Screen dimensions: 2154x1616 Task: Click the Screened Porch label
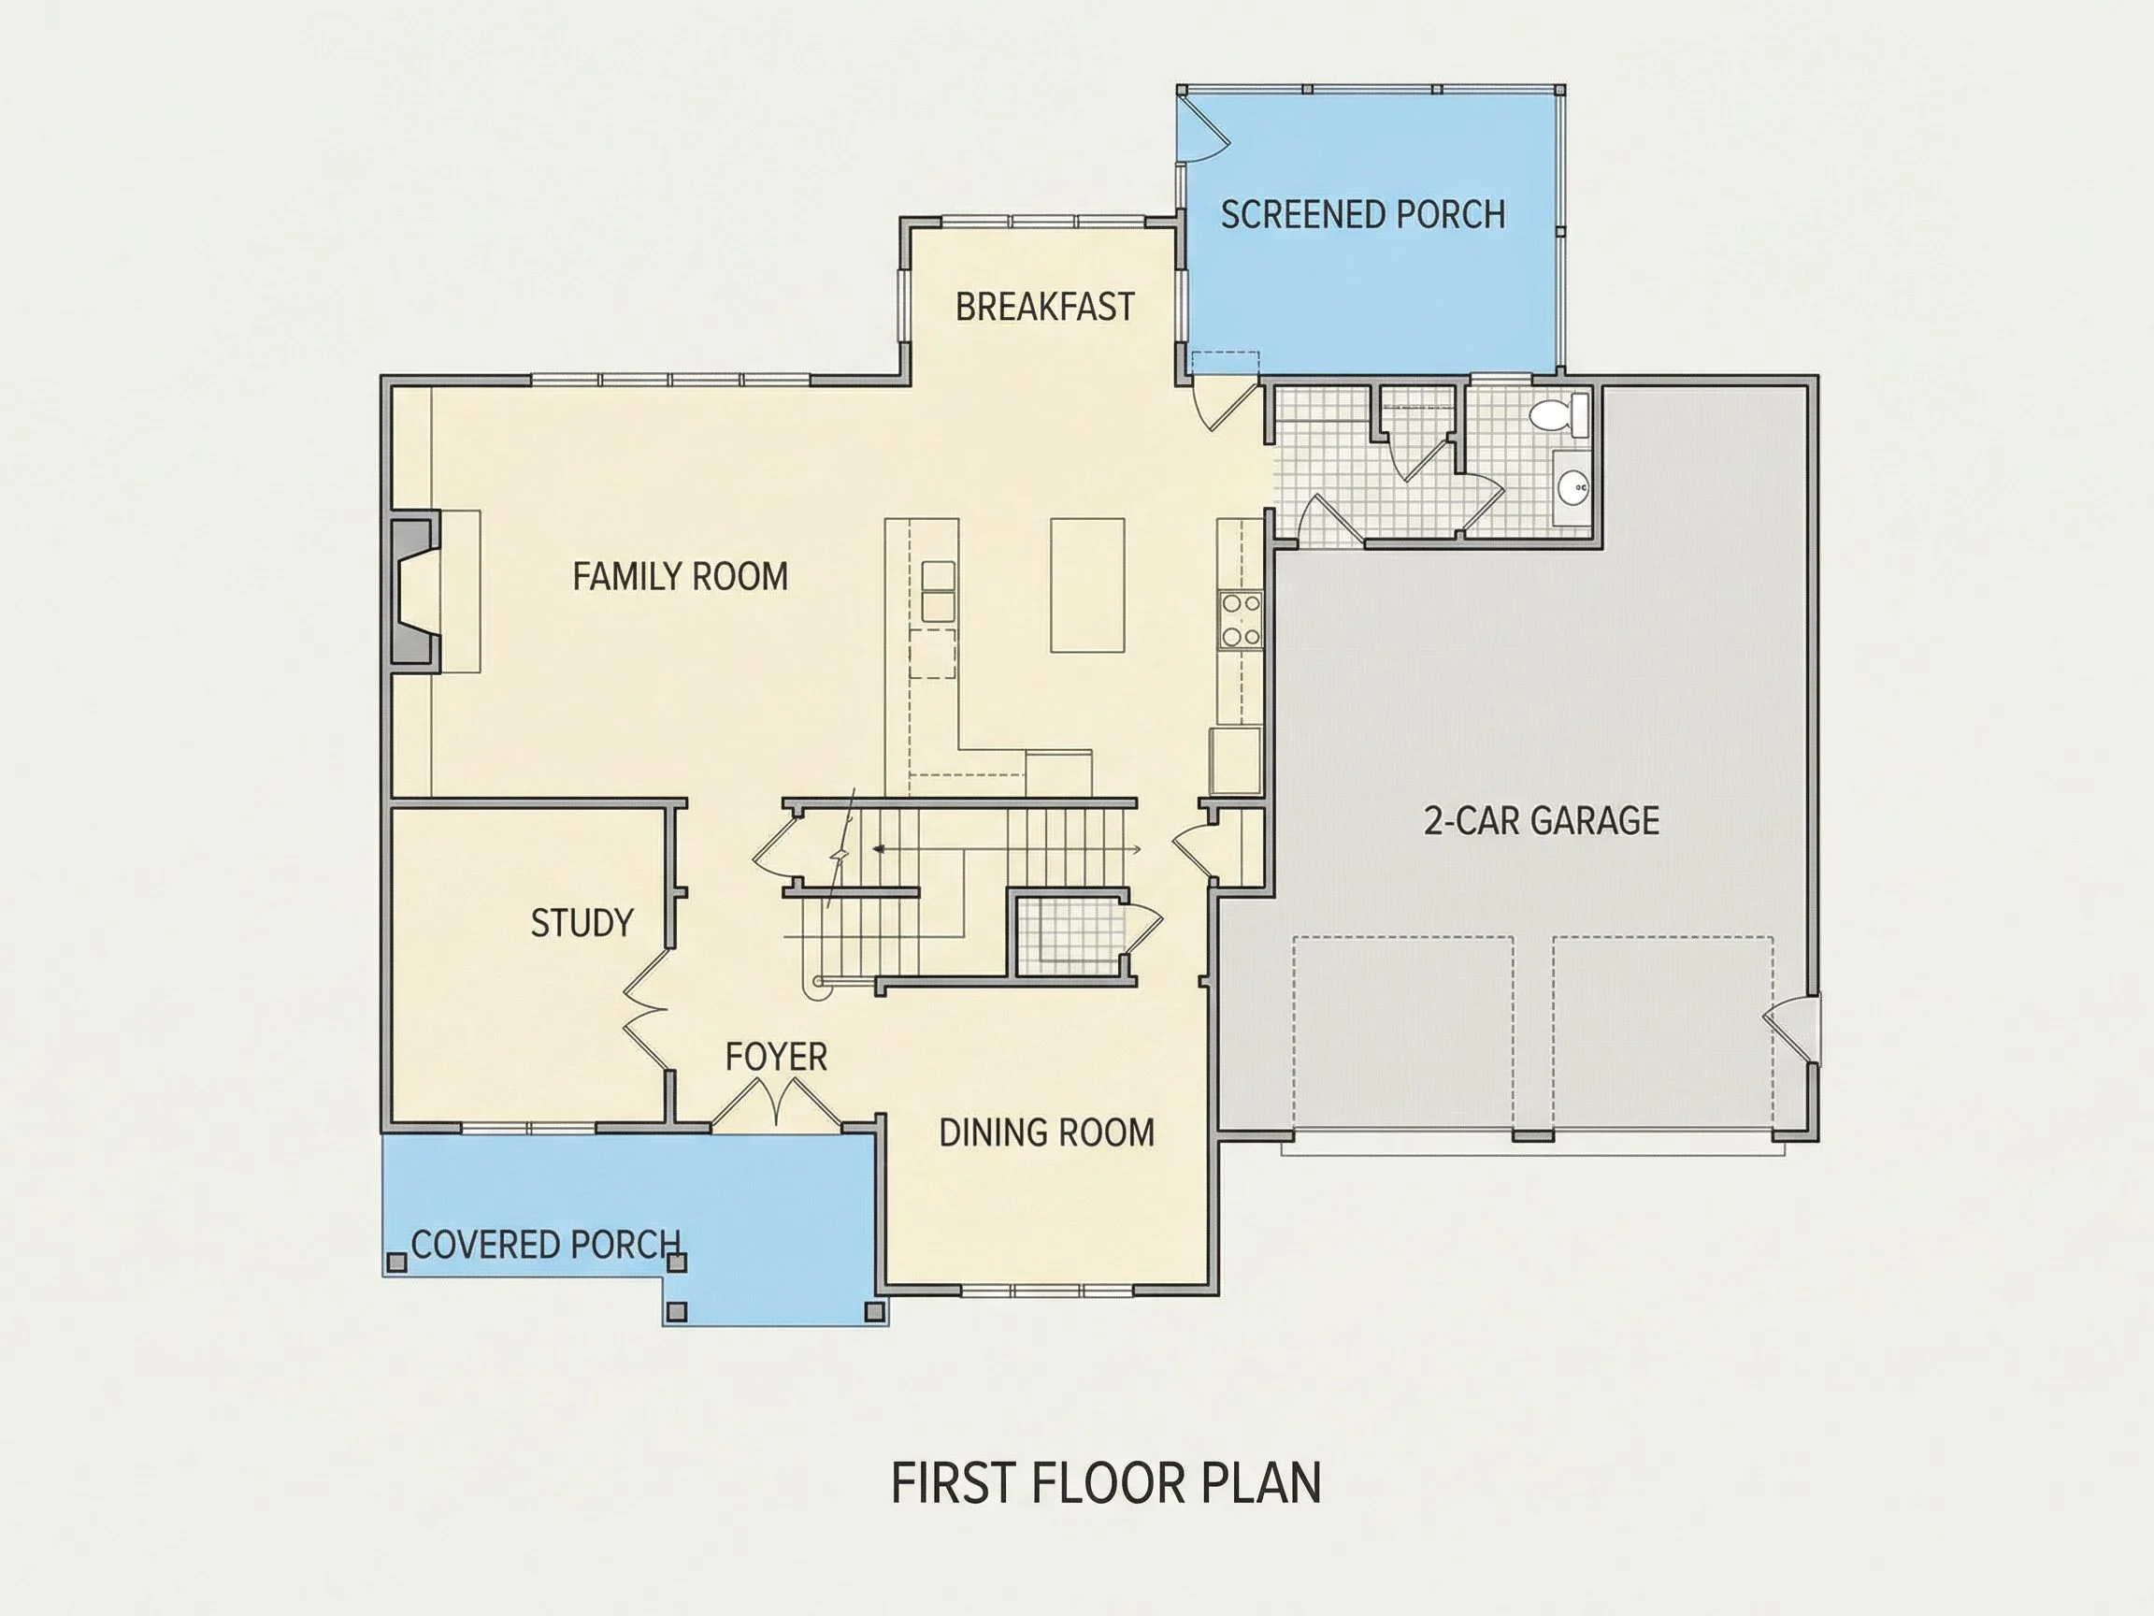(x=1362, y=214)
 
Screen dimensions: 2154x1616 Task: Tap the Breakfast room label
(x=1045, y=307)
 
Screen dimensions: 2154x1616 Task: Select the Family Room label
(x=680, y=577)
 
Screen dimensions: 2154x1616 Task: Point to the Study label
(x=582, y=922)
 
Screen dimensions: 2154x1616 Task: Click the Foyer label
(x=776, y=1057)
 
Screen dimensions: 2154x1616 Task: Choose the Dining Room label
(x=1047, y=1132)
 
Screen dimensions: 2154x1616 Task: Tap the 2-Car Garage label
(x=1542, y=820)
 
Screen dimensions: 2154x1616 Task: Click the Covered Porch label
(x=545, y=1244)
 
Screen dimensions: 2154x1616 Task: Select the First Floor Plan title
(x=1106, y=1482)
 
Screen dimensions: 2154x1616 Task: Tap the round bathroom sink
(x=1572, y=485)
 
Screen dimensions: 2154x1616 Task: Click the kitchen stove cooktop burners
(x=1241, y=619)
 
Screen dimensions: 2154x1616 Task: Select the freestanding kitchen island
(x=1087, y=584)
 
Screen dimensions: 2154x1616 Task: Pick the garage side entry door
(x=1792, y=1029)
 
